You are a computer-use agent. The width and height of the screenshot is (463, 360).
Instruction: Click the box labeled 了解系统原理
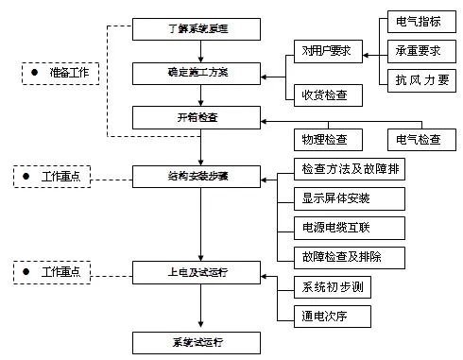[199, 28]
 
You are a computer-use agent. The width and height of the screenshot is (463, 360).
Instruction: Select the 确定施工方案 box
[199, 72]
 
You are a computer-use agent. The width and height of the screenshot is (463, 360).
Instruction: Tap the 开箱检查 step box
[199, 117]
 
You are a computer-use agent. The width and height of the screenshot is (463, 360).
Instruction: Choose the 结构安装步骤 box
[199, 176]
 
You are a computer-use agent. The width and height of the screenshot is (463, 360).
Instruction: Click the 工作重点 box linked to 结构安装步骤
[55, 176]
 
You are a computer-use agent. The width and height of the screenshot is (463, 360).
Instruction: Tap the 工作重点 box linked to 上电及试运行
[55, 272]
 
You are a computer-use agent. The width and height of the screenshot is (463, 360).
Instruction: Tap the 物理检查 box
[325, 139]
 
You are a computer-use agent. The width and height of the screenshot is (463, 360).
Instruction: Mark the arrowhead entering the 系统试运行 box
[199, 324]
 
